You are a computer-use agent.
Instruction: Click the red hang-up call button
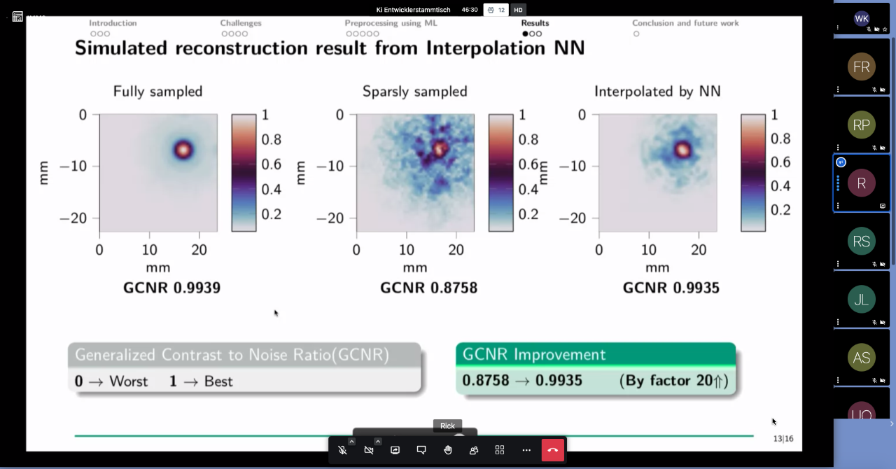[553, 450]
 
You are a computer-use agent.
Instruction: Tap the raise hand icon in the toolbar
[447, 450]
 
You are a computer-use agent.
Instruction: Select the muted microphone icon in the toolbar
[342, 450]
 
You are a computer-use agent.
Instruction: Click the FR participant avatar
[861, 66]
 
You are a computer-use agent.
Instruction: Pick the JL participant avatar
[861, 300]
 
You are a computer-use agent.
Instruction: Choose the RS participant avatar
[861, 241]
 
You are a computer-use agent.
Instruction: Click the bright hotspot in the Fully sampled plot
[183, 150]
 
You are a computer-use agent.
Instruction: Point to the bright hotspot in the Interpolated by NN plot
[682, 150]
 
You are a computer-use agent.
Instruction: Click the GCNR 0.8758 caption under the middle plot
[429, 288]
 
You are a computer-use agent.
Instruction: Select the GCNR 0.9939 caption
[171, 288]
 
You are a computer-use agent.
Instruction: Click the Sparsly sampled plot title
[415, 92]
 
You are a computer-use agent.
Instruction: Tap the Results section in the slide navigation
[535, 23]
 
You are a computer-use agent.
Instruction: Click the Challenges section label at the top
[241, 23]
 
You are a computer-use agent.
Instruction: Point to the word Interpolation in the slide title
[486, 48]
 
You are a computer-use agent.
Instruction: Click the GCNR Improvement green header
[596, 354]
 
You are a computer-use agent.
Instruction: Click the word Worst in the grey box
[128, 381]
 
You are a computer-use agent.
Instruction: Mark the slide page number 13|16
[783, 439]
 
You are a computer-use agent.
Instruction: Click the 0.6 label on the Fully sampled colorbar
[271, 164]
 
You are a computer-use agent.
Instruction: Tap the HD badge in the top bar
[518, 10]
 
